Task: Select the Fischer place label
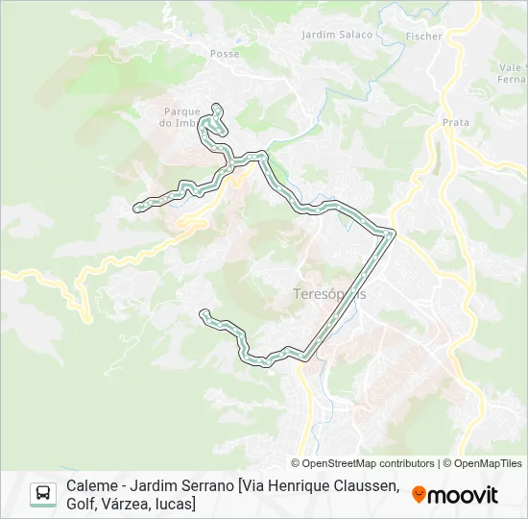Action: (x=424, y=37)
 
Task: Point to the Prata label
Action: (x=456, y=122)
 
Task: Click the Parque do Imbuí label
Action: (x=180, y=117)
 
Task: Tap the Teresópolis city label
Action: (x=328, y=294)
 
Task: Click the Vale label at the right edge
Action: (x=511, y=67)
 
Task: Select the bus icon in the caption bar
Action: (x=43, y=494)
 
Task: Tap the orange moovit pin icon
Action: (x=419, y=495)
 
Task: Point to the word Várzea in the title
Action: (x=138, y=504)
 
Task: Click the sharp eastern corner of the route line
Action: (x=392, y=232)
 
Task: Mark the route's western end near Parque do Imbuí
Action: (x=137, y=205)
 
